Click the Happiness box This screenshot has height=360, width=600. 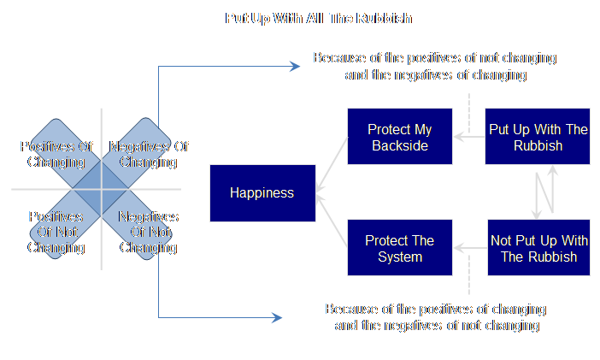pyautogui.click(x=262, y=192)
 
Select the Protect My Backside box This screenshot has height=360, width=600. pyautogui.click(x=399, y=137)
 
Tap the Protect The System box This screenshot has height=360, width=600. pyautogui.click(x=399, y=249)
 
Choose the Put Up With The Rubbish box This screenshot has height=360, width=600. pyautogui.click(x=538, y=137)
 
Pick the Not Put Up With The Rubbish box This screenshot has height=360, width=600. pyautogui.click(x=538, y=249)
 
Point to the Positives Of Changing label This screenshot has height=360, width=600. pyautogui.click(x=56, y=154)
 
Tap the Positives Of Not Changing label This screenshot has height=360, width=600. pyautogui.click(x=56, y=233)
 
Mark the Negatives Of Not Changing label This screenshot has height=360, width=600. pyautogui.click(x=148, y=233)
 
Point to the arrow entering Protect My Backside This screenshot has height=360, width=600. pyautogui.click(x=468, y=135)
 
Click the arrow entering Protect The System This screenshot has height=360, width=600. pyautogui.click(x=468, y=249)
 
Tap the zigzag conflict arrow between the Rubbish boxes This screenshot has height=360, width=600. pyautogui.click(x=545, y=192)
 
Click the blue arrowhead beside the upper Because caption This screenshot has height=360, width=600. pyautogui.click(x=295, y=65)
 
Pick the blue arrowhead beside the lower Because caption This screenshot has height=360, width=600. pyautogui.click(x=276, y=318)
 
